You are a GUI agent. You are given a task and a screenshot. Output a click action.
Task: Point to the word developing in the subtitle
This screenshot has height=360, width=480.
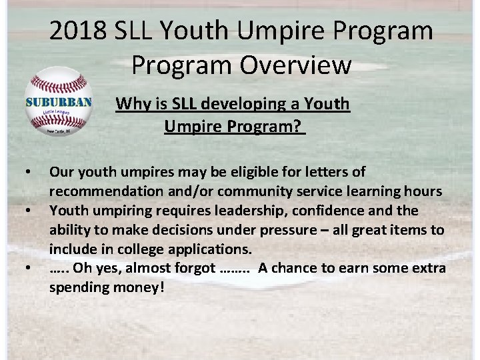[x=236, y=104]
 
